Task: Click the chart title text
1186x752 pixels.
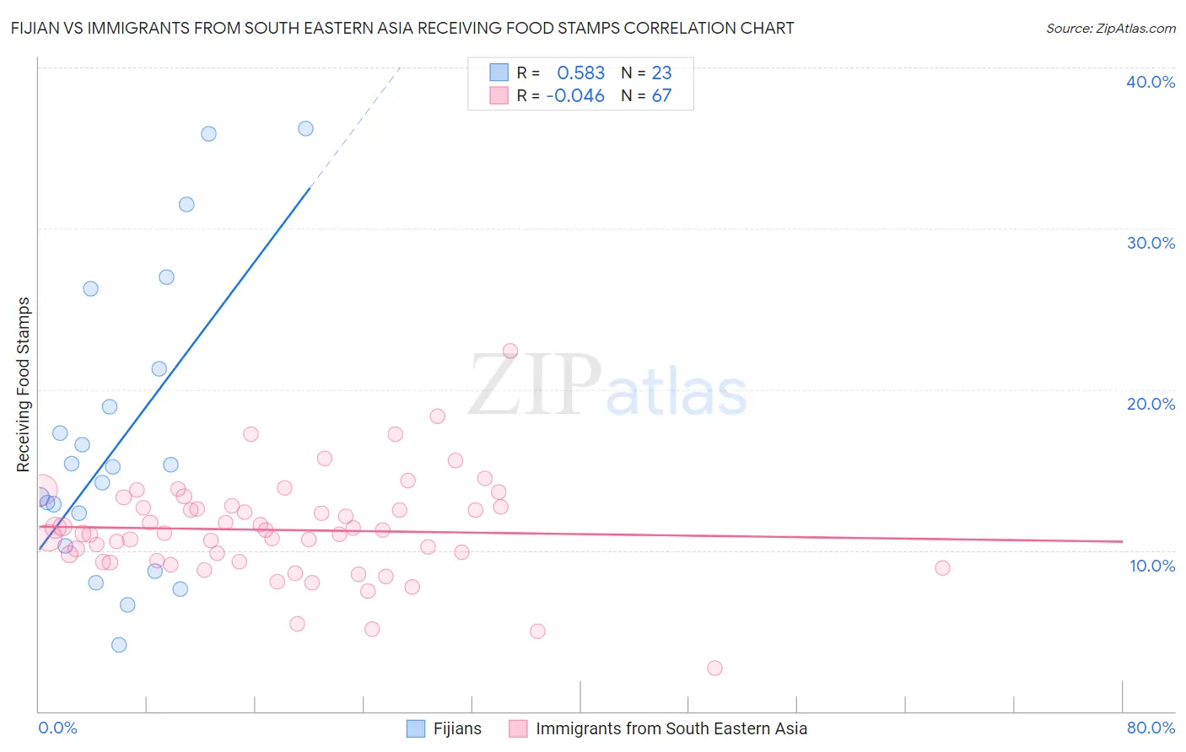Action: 402,28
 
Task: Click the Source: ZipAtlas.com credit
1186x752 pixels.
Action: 1110,28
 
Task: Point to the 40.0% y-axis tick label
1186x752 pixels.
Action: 1150,82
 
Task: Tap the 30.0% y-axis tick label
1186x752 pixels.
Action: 1150,243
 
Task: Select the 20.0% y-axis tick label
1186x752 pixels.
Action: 1150,404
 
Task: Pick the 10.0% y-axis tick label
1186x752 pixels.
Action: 1151,566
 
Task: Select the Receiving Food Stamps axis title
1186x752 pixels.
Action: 24,384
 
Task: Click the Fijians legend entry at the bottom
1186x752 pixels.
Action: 456,728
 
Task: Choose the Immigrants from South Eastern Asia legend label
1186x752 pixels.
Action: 671,728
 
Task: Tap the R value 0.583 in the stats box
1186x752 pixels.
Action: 580,73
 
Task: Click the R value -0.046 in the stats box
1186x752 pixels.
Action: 575,96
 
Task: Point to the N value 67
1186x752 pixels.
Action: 661,96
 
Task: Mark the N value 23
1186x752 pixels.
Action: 661,73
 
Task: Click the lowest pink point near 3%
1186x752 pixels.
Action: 714,668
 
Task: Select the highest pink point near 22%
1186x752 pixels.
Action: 509,351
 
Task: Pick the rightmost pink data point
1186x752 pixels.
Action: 942,567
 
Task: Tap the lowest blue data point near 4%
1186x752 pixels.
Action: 119,645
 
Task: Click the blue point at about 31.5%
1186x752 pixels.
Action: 186,204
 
